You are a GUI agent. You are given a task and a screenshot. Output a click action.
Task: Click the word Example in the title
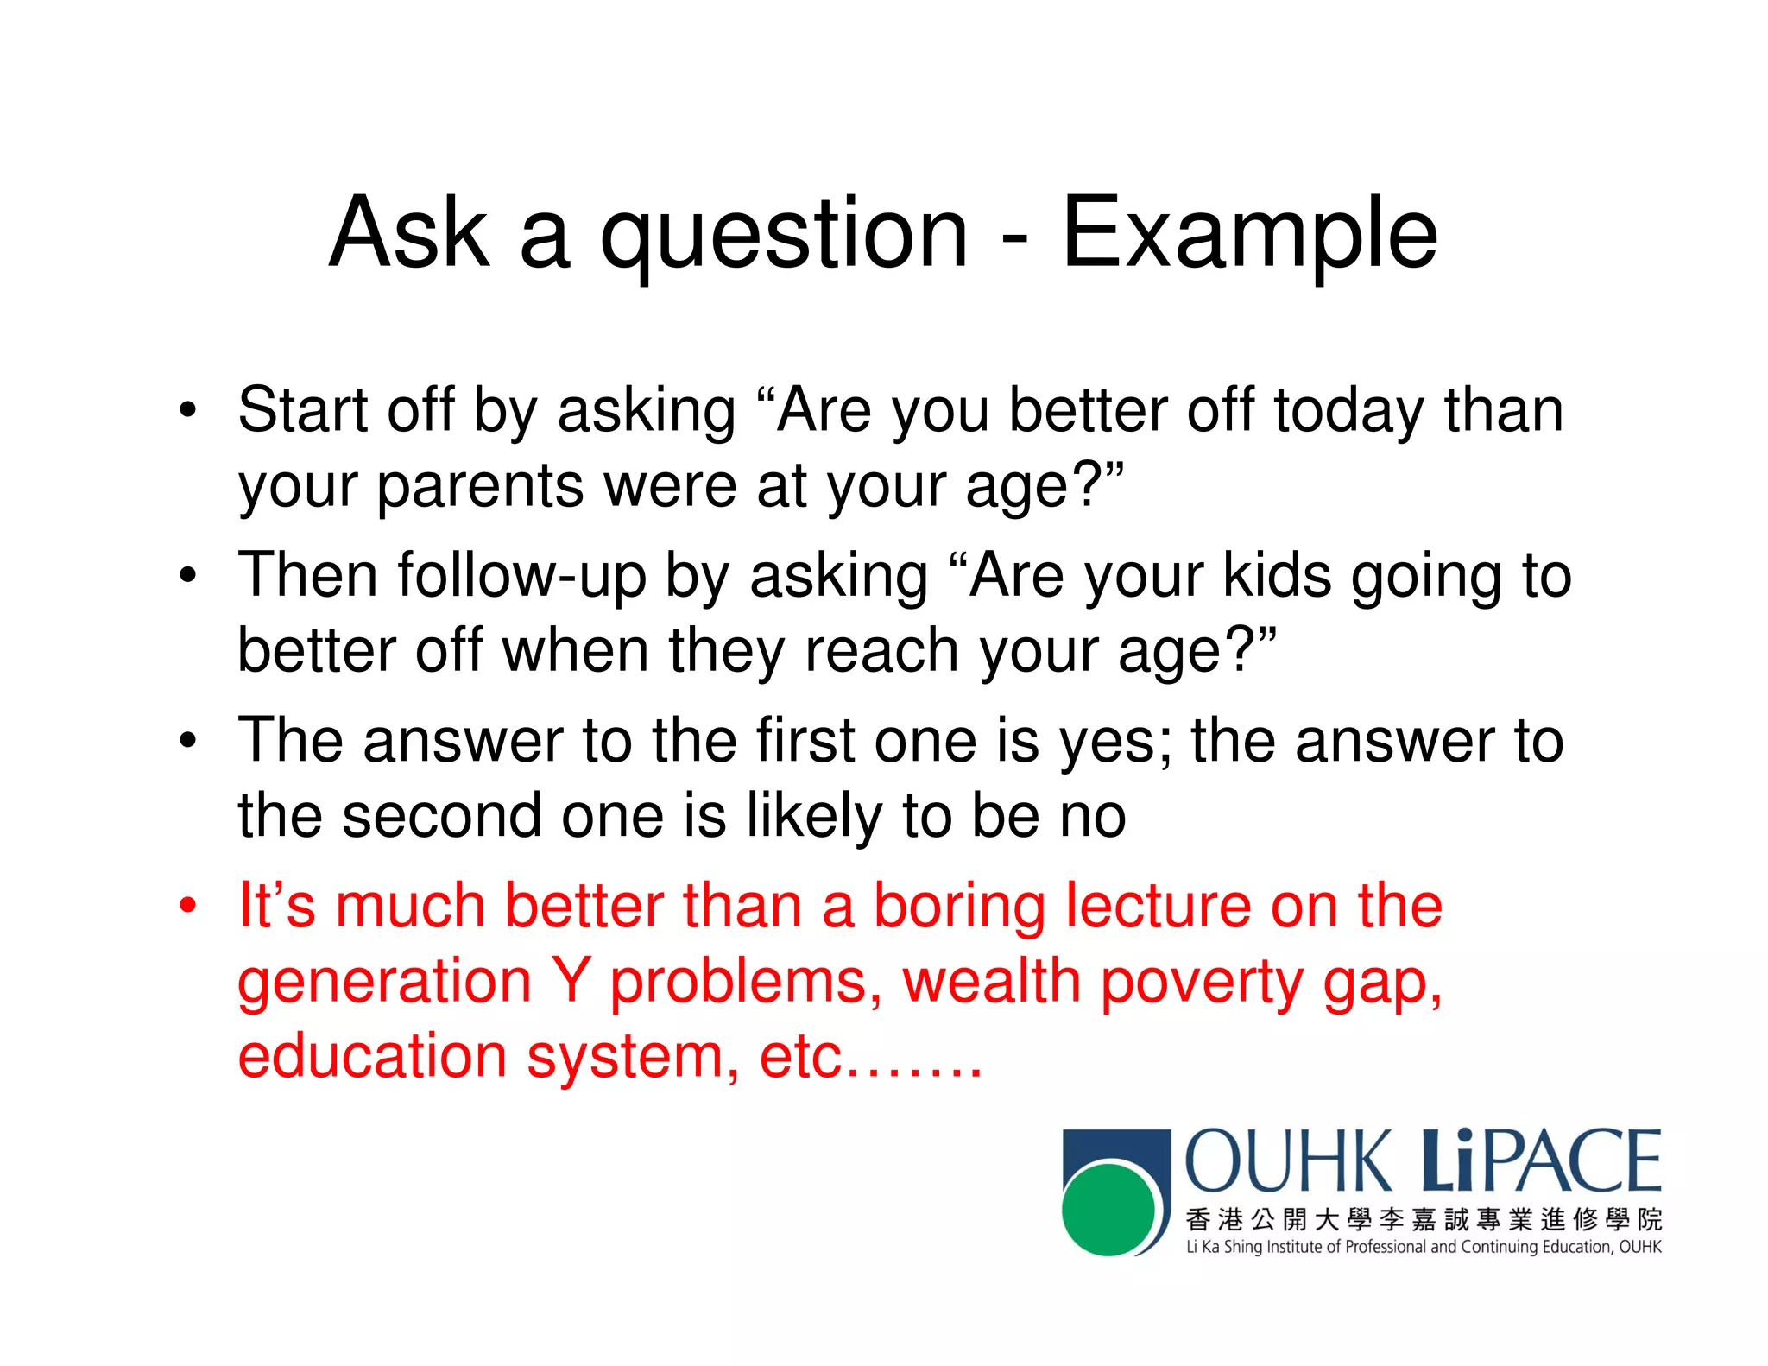[x=1249, y=233]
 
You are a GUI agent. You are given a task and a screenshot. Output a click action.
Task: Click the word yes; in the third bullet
[x=1115, y=742]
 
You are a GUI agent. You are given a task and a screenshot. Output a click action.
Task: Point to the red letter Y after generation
[x=571, y=981]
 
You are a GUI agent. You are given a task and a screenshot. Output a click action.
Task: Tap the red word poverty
[x=1202, y=983]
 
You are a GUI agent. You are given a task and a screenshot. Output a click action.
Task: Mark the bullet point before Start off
[x=187, y=410]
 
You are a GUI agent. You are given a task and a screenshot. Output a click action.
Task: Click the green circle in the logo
[x=1108, y=1209]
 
